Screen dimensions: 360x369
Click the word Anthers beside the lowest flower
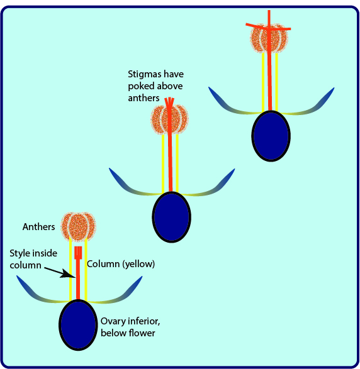pyautogui.click(x=38, y=227)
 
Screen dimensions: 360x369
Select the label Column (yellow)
pyautogui.click(x=121, y=264)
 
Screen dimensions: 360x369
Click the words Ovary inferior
pyautogui.click(x=130, y=321)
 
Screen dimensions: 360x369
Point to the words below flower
pyautogui.click(x=128, y=333)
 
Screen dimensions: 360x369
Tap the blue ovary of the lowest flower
pyautogui.click(x=78, y=325)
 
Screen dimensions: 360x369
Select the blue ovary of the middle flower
pyautogui.click(x=172, y=217)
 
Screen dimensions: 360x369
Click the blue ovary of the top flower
pyautogui.click(x=271, y=136)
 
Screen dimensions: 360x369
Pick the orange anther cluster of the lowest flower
pyautogui.click(x=78, y=227)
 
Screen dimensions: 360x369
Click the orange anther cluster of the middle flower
pyautogui.click(x=169, y=120)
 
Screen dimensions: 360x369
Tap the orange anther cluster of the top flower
pyautogui.click(x=269, y=38)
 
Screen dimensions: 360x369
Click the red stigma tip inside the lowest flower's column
pyautogui.click(x=78, y=253)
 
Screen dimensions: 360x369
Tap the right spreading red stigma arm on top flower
pyautogui.click(x=280, y=29)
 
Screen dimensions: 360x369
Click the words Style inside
pyautogui.click(x=33, y=253)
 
